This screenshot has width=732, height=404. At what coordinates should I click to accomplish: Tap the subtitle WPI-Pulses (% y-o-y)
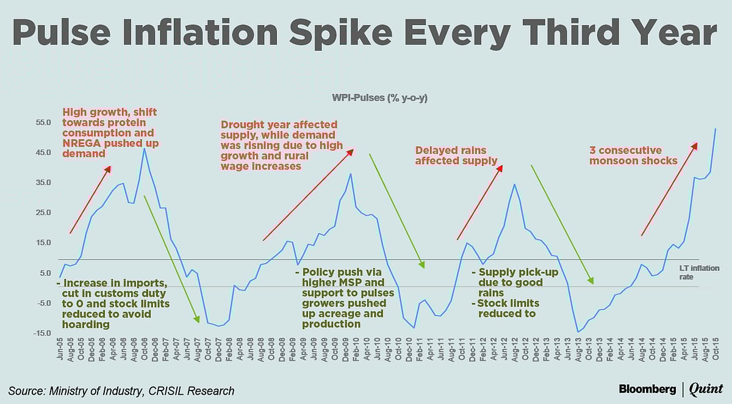[379, 98]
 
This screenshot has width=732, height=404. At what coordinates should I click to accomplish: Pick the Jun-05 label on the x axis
[60, 350]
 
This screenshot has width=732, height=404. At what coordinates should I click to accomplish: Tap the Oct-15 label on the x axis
[715, 350]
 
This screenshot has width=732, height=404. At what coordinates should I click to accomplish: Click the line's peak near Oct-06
[144, 148]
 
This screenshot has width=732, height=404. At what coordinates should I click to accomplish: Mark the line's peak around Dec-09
[350, 174]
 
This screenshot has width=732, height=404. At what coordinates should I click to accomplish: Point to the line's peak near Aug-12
[515, 184]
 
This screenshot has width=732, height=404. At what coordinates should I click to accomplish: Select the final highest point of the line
[715, 129]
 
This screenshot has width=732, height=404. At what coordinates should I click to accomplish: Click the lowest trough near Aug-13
[577, 332]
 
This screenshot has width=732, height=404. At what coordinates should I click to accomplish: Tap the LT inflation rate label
[699, 272]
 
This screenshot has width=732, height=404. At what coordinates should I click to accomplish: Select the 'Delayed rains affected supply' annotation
[456, 156]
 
